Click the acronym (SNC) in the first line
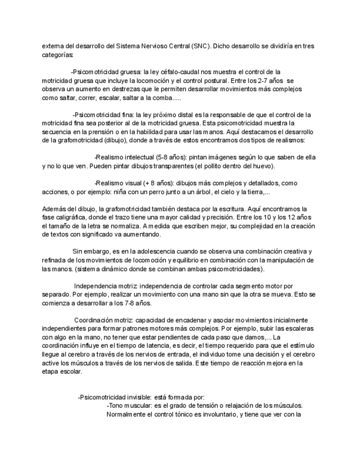pyautogui.click(x=201, y=47)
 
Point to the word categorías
pyautogui.click(x=58, y=55)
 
